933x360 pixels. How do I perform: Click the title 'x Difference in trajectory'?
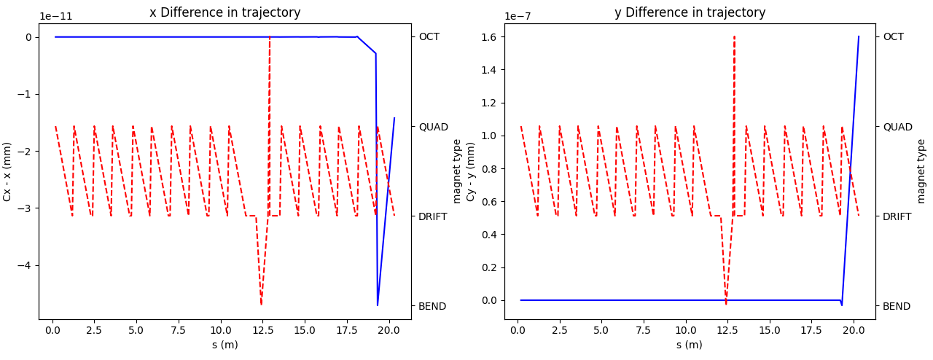(225, 12)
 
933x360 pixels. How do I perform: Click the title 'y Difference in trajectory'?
(690, 12)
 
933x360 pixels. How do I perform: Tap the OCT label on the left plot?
(430, 37)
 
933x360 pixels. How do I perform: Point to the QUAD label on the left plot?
(433, 127)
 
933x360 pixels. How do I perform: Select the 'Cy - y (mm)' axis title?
(471, 171)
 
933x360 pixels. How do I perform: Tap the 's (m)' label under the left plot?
(225, 345)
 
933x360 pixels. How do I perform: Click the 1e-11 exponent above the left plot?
(56, 16)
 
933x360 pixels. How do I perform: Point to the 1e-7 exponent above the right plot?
(519, 16)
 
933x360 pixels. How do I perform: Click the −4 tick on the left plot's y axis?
(26, 265)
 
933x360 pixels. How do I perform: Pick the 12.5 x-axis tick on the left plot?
(262, 330)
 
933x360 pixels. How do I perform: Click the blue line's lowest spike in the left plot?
(378, 305)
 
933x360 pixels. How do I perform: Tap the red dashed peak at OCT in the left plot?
(270, 37)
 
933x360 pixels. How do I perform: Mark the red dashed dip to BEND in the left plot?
(261, 304)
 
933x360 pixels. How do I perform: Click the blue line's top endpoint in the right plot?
(859, 36)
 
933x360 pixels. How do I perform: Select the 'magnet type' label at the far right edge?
(921, 171)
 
